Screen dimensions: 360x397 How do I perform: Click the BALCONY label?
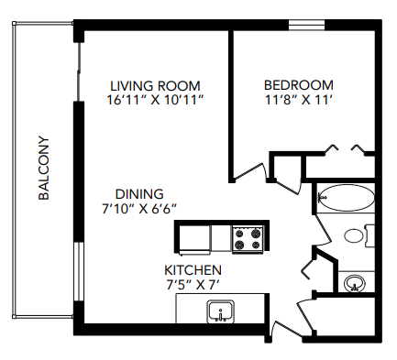tap(44, 169)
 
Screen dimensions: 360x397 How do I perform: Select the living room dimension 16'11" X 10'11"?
tap(153, 97)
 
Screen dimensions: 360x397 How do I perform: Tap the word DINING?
tap(138, 193)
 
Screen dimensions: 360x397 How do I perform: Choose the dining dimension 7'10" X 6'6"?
tap(140, 209)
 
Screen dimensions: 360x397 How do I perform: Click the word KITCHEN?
tap(192, 270)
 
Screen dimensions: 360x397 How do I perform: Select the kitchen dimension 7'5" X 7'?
tap(192, 285)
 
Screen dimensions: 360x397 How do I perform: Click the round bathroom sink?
tap(353, 283)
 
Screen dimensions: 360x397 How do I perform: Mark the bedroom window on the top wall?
tap(304, 25)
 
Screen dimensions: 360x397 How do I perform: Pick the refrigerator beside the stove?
tap(194, 239)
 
